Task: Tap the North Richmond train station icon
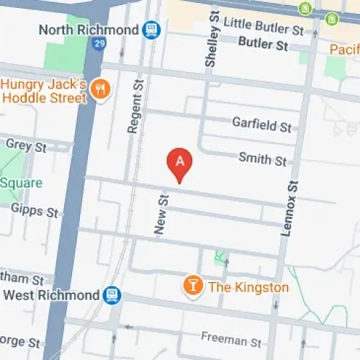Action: [x=151, y=30]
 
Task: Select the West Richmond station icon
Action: [x=112, y=295]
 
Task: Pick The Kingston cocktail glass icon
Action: [x=192, y=287]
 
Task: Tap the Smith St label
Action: [x=263, y=160]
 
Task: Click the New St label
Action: [x=161, y=212]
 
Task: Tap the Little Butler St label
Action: [x=264, y=30]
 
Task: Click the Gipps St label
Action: [x=34, y=211]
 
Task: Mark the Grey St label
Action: [x=26, y=145]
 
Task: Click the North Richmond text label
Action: [x=89, y=30]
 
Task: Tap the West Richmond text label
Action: [x=50, y=295]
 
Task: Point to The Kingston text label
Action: [x=248, y=287]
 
